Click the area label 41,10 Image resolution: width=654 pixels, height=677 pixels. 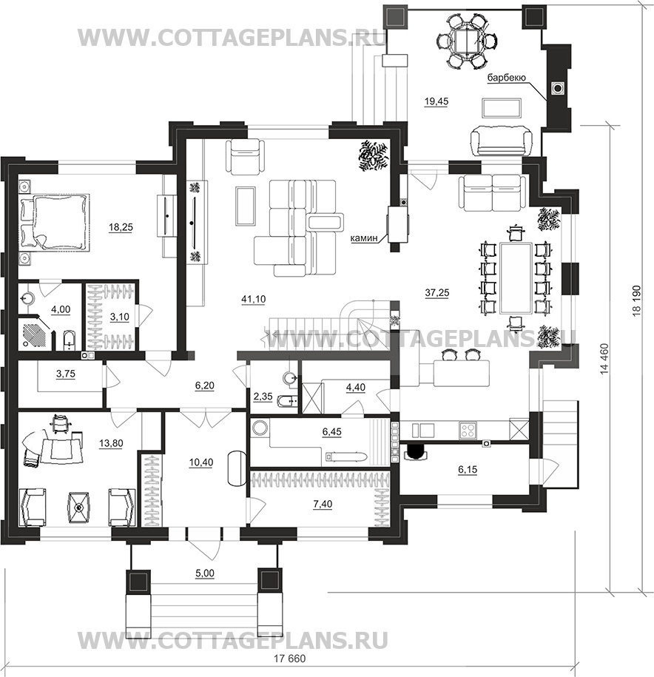[254, 298]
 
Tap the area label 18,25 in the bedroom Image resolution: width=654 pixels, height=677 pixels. [121, 226]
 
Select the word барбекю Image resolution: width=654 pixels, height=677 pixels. [506, 78]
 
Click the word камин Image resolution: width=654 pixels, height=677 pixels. [364, 238]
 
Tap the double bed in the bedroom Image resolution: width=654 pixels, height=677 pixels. [55, 221]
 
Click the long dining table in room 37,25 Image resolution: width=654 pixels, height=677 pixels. [515, 277]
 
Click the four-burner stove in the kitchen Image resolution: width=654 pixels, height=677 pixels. [468, 430]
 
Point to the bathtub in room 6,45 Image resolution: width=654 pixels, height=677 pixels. [346, 457]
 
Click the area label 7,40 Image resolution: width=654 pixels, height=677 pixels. [323, 503]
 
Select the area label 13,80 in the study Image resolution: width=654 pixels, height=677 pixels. [112, 442]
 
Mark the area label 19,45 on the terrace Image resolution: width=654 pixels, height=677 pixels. [436, 101]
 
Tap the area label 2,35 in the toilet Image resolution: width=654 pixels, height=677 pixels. [263, 396]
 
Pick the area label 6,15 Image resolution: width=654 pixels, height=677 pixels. [468, 469]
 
